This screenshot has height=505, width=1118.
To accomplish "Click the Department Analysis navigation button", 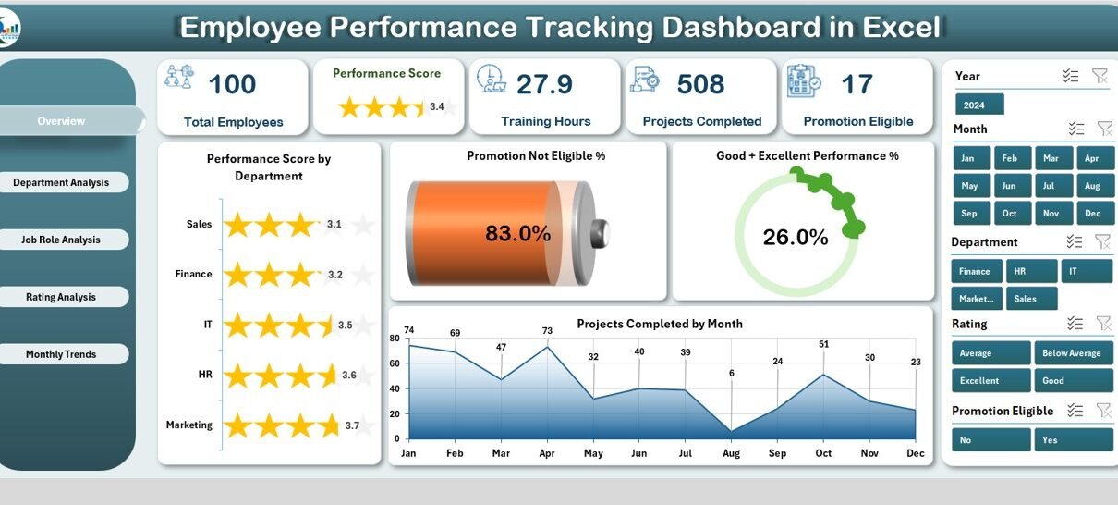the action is (61, 182).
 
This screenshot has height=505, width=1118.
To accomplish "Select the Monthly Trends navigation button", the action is (61, 354).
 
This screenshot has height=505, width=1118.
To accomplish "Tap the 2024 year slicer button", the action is (979, 105).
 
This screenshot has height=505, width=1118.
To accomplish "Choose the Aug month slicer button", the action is (1095, 186).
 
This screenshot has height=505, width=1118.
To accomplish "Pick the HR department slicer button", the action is (1031, 271).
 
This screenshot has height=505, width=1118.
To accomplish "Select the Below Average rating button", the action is (1074, 353).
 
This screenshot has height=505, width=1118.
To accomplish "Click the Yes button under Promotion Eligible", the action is (1074, 440).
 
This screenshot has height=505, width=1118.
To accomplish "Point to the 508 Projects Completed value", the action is (700, 84).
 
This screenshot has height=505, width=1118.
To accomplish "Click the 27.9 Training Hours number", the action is (544, 84).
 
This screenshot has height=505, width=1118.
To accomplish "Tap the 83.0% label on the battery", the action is (518, 233).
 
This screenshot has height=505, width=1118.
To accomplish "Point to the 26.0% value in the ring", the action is (796, 237).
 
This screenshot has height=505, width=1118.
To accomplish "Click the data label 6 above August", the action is (731, 373).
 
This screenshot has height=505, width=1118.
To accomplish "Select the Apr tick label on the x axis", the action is (547, 453).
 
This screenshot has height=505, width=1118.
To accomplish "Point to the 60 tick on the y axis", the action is (395, 363).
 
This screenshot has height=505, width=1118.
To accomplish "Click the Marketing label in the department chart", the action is (189, 425).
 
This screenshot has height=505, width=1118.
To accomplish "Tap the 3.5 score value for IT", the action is (346, 326).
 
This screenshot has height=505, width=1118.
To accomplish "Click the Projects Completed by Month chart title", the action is (660, 324).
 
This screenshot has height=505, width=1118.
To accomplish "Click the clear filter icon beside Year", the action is (1100, 76).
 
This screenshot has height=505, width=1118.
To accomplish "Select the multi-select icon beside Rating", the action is (1075, 324).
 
